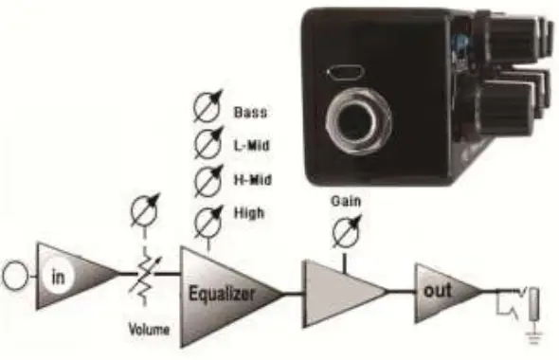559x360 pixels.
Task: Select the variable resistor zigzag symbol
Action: click(x=143, y=279)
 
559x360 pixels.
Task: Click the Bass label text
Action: click(x=249, y=112)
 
